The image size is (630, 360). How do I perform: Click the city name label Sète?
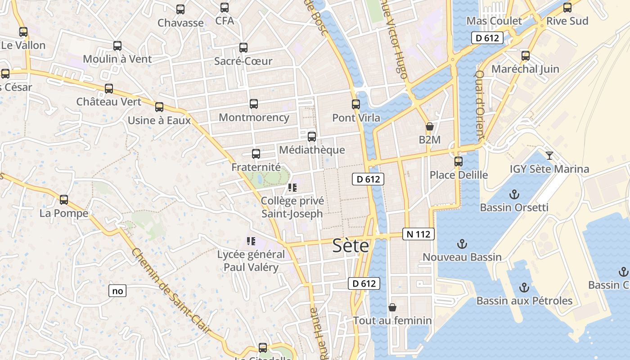(351, 246)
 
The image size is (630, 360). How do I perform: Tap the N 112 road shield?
(418, 234)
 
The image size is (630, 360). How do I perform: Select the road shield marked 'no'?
(117, 291)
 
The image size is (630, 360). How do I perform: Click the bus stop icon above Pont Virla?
(356, 104)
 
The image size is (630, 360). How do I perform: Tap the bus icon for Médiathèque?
(311, 137)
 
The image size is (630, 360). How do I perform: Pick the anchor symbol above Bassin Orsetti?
(513, 194)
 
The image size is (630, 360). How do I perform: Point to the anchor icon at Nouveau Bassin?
(462, 244)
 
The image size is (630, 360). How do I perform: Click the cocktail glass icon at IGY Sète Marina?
(549, 156)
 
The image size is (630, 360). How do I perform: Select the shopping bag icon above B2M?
(430, 126)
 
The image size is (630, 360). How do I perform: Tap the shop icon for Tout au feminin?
(392, 307)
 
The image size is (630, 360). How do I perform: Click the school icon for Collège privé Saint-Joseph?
(292, 188)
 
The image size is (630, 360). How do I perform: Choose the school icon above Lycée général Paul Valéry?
(251, 241)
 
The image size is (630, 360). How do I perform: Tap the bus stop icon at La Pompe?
(64, 200)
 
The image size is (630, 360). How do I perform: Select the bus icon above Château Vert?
(109, 89)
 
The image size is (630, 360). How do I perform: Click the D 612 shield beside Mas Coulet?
(487, 38)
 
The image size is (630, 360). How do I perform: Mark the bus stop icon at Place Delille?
(459, 162)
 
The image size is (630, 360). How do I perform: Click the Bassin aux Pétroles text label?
(524, 301)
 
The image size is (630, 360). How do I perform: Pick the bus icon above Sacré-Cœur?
(243, 48)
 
